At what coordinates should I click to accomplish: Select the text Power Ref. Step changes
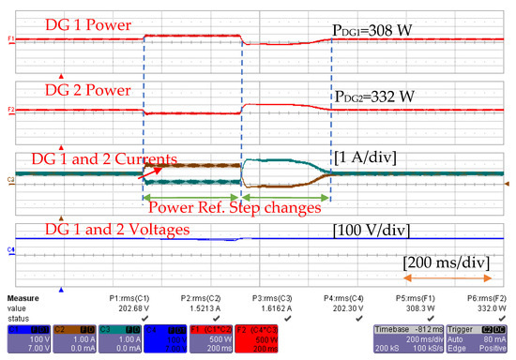(x=235, y=207)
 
